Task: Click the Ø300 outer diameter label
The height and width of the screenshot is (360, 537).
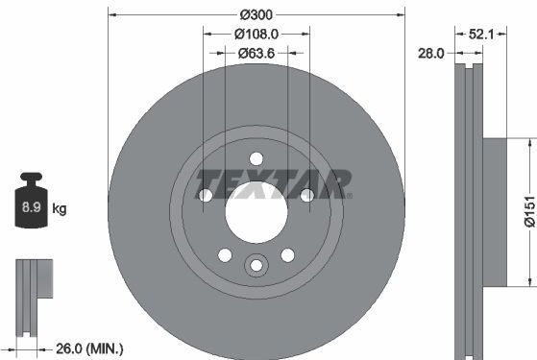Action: coord(256,15)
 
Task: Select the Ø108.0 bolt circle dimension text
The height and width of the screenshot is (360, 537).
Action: coord(256,35)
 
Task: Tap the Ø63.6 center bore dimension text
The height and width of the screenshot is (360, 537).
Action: coord(256,54)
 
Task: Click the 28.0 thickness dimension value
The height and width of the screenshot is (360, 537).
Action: coord(430,55)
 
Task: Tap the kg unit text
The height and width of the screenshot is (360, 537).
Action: coord(59,208)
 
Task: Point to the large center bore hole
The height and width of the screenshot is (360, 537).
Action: coord(256,209)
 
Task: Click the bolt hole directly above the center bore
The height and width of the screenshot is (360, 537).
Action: coord(256,159)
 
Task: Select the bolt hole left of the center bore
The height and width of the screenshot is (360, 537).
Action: coord(206,196)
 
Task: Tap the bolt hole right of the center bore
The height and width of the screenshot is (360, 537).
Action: coord(306,196)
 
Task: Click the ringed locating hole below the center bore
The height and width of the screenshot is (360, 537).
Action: coord(256,266)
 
